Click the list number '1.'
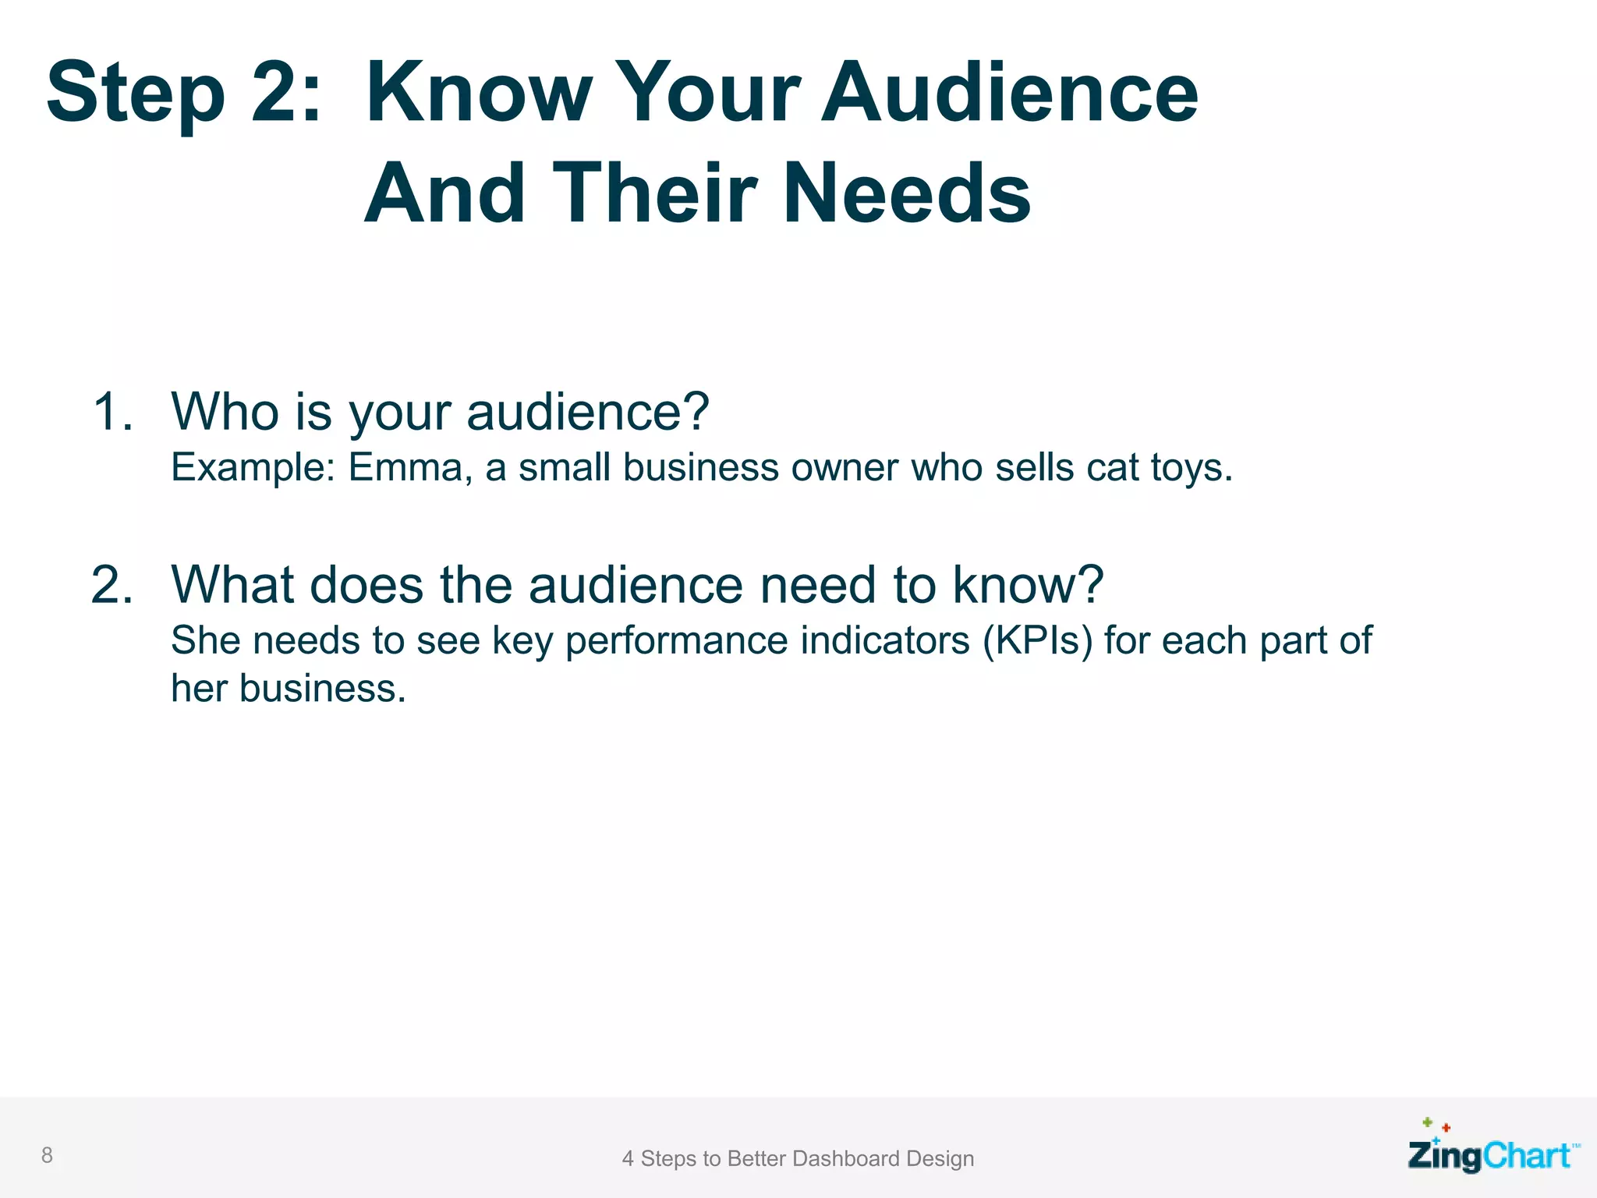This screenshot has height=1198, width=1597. [113, 411]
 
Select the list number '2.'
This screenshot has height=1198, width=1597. [112, 584]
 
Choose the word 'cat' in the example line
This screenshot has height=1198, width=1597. [1113, 468]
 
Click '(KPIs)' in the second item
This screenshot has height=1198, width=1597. [1037, 641]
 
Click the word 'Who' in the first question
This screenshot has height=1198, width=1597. [225, 411]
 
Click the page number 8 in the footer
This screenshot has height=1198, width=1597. [47, 1155]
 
